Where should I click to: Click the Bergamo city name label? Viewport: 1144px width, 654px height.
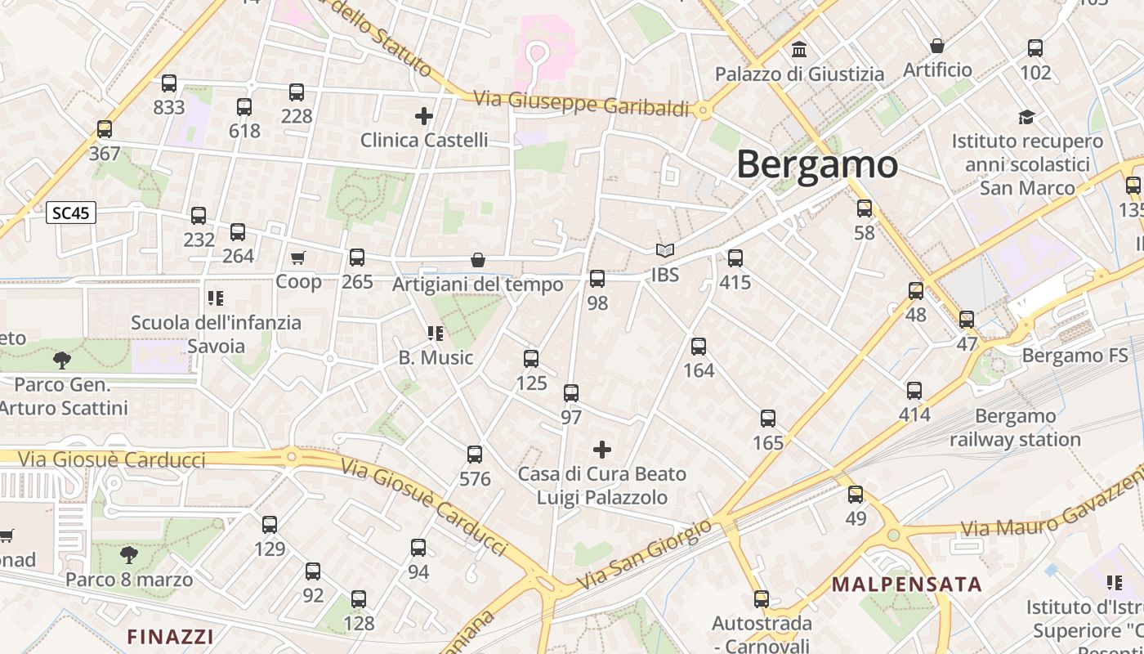pyautogui.click(x=817, y=164)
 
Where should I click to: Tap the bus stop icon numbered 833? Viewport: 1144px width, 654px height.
pyautogui.click(x=169, y=83)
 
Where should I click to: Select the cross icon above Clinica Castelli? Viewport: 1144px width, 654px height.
pyautogui.click(x=423, y=116)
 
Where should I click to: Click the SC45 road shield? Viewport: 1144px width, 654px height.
pyautogui.click(x=72, y=213)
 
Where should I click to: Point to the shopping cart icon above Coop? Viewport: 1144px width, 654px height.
pyautogui.click(x=298, y=258)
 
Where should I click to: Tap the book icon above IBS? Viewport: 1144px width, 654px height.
pyautogui.click(x=665, y=251)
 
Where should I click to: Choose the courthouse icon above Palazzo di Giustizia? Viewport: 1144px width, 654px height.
pyautogui.click(x=799, y=50)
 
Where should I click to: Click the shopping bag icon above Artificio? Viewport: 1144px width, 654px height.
pyautogui.click(x=937, y=46)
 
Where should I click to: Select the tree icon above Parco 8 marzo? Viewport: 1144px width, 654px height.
pyautogui.click(x=129, y=556)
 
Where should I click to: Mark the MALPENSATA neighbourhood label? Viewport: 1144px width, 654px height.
pyautogui.click(x=907, y=585)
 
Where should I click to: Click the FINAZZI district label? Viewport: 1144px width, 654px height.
pyautogui.click(x=171, y=636)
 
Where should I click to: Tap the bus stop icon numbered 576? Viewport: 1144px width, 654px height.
pyautogui.click(x=475, y=455)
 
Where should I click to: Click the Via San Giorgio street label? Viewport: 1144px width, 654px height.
pyautogui.click(x=646, y=555)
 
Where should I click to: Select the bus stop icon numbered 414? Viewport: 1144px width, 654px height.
pyautogui.click(x=914, y=391)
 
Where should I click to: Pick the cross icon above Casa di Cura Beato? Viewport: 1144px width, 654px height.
pyautogui.click(x=602, y=450)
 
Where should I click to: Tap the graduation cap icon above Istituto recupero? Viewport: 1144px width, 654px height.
pyautogui.click(x=1026, y=118)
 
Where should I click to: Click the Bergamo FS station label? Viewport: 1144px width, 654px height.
pyautogui.click(x=1075, y=356)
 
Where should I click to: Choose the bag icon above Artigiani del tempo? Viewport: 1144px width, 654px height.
pyautogui.click(x=478, y=260)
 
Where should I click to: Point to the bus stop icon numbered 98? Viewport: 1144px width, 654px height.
pyautogui.click(x=597, y=279)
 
